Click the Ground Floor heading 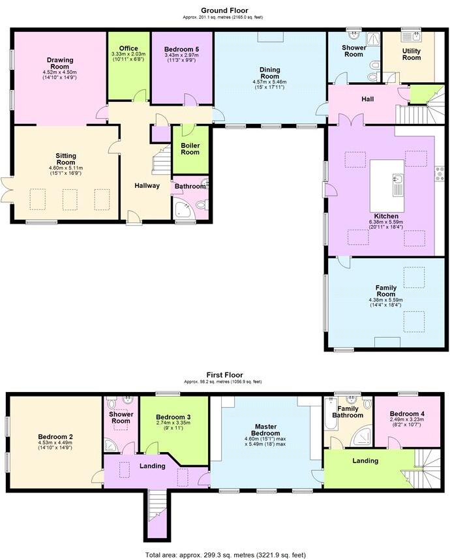224,10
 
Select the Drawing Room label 59,62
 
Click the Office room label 128,48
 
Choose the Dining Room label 269,70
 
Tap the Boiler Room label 190,149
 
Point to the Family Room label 385,290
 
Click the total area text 224,554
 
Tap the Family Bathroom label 347,412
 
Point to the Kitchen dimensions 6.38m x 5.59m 387,222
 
